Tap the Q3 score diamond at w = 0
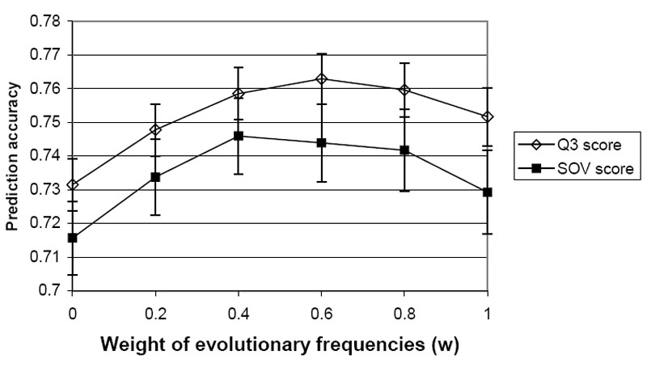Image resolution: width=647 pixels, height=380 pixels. [x=73, y=184]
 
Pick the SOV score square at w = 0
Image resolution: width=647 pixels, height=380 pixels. [x=73, y=238]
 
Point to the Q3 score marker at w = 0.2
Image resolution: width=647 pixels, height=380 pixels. [x=155, y=129]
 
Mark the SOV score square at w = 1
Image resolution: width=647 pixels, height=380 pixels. [x=487, y=192]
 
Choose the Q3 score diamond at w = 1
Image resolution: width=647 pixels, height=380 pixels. [x=487, y=117]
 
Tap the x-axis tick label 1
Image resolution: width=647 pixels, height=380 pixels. [x=487, y=310]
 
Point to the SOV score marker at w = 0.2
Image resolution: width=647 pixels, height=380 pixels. [x=155, y=177]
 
